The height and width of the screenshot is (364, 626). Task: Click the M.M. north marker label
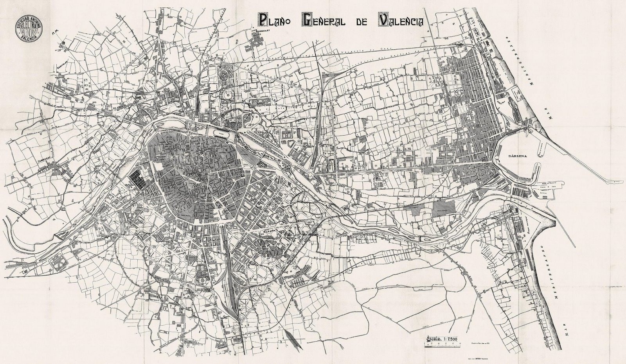pyautogui.click(x=54, y=34)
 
